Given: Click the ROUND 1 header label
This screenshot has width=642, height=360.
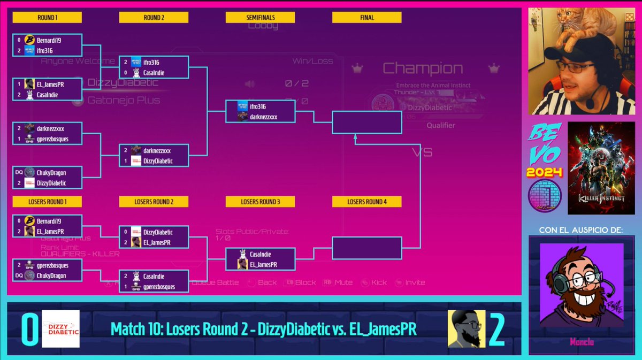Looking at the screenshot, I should (x=47, y=18).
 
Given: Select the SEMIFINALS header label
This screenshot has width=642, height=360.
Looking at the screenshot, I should (x=260, y=18).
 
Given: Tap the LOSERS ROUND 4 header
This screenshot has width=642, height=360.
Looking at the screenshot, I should (x=366, y=202).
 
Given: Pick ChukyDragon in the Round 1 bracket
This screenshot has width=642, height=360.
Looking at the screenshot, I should (x=51, y=173).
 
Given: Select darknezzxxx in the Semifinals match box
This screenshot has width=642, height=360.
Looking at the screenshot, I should (x=263, y=117).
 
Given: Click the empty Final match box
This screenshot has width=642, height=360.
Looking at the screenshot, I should (x=366, y=122).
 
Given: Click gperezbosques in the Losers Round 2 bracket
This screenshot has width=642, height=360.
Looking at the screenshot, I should (x=159, y=287).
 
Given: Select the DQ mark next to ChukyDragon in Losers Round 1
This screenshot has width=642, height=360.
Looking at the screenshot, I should (x=18, y=275).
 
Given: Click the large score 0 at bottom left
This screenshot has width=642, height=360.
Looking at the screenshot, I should (x=29, y=330).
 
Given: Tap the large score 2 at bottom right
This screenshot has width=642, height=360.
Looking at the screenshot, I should (x=497, y=330).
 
